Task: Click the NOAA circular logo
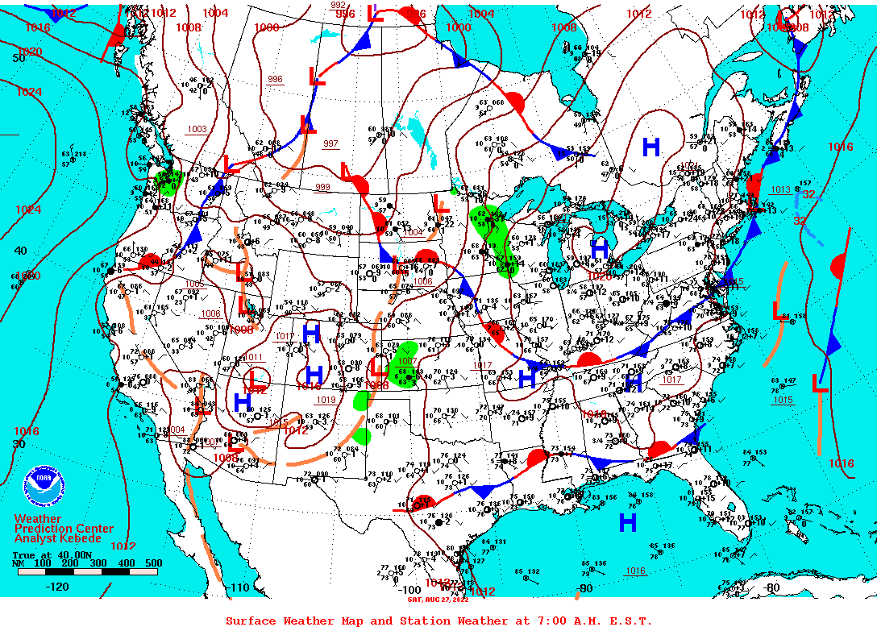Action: coord(42,486)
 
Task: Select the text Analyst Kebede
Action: coord(58,538)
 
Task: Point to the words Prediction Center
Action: coord(60,528)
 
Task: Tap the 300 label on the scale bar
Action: coord(99,563)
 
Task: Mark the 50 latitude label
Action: coord(18,58)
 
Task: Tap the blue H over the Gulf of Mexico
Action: coord(628,523)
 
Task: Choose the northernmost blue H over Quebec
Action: coord(651,147)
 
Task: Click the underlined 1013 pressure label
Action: coord(780,189)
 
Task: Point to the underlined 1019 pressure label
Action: coord(326,399)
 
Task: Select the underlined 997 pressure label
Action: coord(330,143)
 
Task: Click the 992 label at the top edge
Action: coord(339,5)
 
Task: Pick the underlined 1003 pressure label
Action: coord(197,129)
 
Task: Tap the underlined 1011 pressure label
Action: coord(255,357)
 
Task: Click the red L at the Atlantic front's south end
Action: coord(819,384)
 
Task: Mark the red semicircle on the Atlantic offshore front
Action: coord(838,266)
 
